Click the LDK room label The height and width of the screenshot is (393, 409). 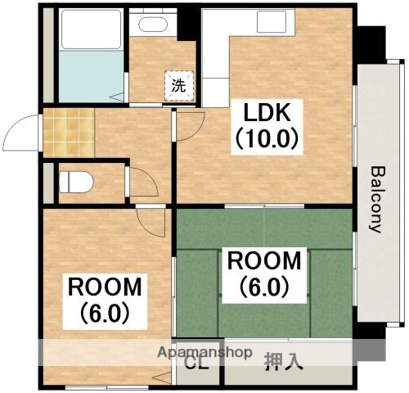click(x=267, y=113)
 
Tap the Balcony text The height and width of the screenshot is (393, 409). click(x=379, y=200)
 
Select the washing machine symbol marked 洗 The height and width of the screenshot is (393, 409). click(x=179, y=85)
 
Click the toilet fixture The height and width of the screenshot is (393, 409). click(x=76, y=182)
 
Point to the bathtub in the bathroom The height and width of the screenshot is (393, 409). click(x=91, y=29)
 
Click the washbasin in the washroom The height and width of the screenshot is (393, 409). click(x=153, y=25)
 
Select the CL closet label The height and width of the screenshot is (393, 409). click(x=196, y=364)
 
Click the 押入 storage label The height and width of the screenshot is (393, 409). click(x=284, y=363)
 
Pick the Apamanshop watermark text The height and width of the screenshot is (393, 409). click(x=204, y=352)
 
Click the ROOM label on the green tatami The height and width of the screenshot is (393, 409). click(x=264, y=261)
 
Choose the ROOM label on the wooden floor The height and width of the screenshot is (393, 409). click(x=105, y=287)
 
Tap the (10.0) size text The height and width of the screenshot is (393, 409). click(x=267, y=139)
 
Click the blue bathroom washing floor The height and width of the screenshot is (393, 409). click(x=92, y=76)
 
